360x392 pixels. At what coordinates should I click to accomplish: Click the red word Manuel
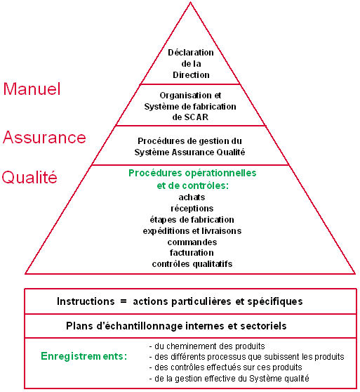32,89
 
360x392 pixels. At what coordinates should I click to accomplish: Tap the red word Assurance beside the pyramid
44,137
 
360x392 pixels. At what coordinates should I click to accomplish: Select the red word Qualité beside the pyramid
29,177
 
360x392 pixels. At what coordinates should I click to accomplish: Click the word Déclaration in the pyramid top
191,53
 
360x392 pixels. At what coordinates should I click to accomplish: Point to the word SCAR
196,117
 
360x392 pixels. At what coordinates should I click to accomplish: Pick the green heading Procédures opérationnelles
192,173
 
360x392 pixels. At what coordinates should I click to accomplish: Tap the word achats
192,197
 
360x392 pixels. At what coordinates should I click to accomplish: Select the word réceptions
192,208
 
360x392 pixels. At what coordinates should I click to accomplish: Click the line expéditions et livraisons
192,230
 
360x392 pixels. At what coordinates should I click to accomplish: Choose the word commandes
192,242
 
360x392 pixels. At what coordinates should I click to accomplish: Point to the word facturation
192,253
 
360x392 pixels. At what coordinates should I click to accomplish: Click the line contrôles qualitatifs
192,263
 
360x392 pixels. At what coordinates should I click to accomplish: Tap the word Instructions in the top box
86,301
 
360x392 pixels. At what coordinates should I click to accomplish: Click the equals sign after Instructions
124,301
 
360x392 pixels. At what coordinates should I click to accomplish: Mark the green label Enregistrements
84,356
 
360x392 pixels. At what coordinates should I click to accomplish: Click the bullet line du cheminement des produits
207,346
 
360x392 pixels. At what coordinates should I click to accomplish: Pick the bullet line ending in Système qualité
229,378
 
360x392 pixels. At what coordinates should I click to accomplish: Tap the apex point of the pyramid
190,2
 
